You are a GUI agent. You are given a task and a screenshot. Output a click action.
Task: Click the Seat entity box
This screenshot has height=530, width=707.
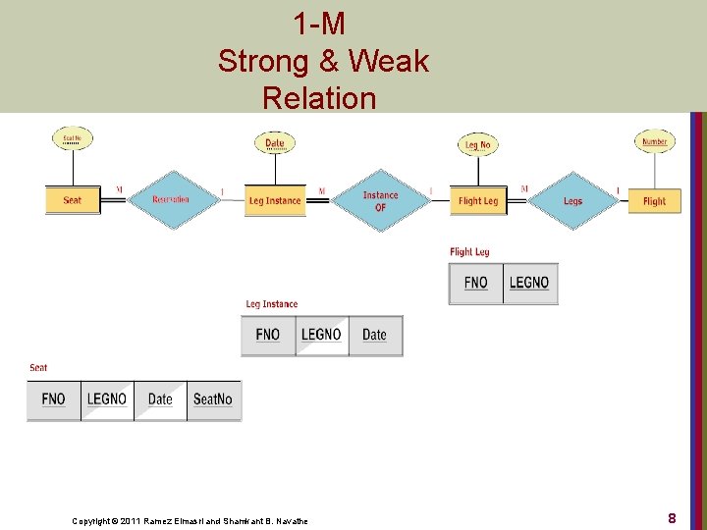point(73,200)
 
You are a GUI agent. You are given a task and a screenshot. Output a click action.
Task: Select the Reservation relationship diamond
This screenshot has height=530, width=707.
point(171,200)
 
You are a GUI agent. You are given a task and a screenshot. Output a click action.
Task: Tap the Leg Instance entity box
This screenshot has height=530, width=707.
point(275,200)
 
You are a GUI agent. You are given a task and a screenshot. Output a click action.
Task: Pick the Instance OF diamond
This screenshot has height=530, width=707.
point(380,200)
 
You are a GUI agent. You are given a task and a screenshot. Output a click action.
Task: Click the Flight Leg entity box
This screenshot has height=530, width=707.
point(478,200)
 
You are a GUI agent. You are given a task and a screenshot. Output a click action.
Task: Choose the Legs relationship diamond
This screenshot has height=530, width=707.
point(572,200)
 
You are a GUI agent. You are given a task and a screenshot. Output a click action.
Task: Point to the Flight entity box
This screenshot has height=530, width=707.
point(654,200)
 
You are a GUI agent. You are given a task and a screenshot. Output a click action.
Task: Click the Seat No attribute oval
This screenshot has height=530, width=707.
point(73,139)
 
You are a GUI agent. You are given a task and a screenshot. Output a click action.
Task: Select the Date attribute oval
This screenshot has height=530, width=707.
point(275,143)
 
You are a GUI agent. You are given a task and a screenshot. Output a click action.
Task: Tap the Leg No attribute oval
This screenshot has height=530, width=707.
point(478,145)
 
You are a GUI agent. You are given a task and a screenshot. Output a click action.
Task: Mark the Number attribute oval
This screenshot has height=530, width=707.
point(654,141)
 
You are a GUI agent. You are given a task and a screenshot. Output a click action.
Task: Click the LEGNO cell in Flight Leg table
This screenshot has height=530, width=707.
point(529,283)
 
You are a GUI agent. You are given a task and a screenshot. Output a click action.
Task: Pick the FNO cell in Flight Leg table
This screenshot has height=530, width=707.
point(476,283)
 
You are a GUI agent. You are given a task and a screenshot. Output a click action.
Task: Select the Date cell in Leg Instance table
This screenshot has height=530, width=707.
point(375,335)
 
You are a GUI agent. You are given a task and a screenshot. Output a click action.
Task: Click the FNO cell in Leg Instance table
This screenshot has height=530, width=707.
point(268,335)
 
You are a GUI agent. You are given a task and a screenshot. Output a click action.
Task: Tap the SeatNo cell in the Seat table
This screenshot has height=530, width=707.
point(213,399)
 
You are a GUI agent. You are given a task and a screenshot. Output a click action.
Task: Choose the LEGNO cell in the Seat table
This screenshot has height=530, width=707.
point(107,399)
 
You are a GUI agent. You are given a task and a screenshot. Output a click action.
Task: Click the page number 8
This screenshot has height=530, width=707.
point(672,517)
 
